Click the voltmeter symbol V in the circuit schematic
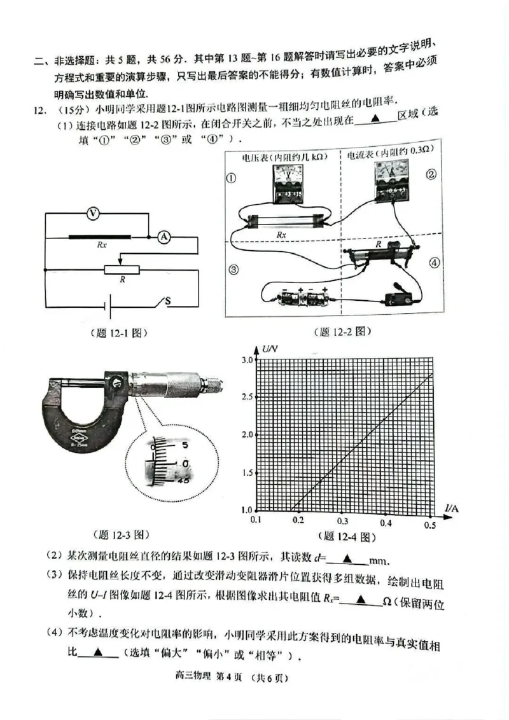93,214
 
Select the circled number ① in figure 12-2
232,178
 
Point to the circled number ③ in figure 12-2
234,270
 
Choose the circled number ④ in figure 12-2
434,262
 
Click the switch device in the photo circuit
399,296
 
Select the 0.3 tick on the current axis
342,521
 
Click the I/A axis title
452,507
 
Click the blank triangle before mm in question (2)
347,559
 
